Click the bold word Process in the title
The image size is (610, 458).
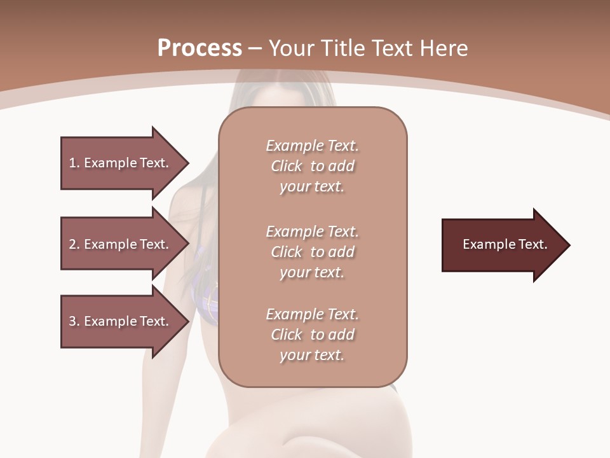[x=200, y=48]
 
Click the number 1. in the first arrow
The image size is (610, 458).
[x=74, y=163]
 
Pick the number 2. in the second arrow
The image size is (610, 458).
[x=74, y=244]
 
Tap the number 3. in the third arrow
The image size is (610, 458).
[x=74, y=321]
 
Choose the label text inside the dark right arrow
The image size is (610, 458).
[x=505, y=244]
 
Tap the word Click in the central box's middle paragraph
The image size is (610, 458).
[x=287, y=252]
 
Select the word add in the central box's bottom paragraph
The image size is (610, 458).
[x=342, y=335]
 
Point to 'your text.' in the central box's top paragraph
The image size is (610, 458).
[x=311, y=187]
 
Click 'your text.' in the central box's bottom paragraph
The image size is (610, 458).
[x=311, y=356]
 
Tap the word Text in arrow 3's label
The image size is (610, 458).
[x=152, y=321]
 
